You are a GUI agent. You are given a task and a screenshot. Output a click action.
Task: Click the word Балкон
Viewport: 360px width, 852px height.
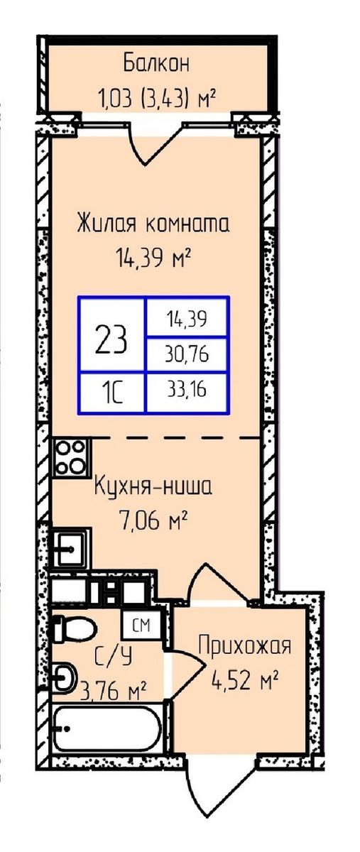[157, 63]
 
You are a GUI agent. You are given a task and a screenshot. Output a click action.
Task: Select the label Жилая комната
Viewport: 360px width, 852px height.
[153, 225]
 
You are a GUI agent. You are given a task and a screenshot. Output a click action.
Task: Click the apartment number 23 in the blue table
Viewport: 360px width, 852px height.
[112, 339]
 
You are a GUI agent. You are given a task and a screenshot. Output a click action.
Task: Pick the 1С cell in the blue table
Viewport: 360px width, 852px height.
[112, 392]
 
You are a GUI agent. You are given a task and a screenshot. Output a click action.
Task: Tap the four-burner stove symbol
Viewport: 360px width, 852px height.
[72, 458]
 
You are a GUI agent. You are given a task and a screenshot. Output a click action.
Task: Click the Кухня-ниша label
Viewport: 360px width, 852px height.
[153, 488]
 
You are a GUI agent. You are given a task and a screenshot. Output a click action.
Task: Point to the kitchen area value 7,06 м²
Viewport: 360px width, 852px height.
[153, 523]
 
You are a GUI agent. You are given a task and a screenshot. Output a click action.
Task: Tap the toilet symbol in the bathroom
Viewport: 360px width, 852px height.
[75, 628]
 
